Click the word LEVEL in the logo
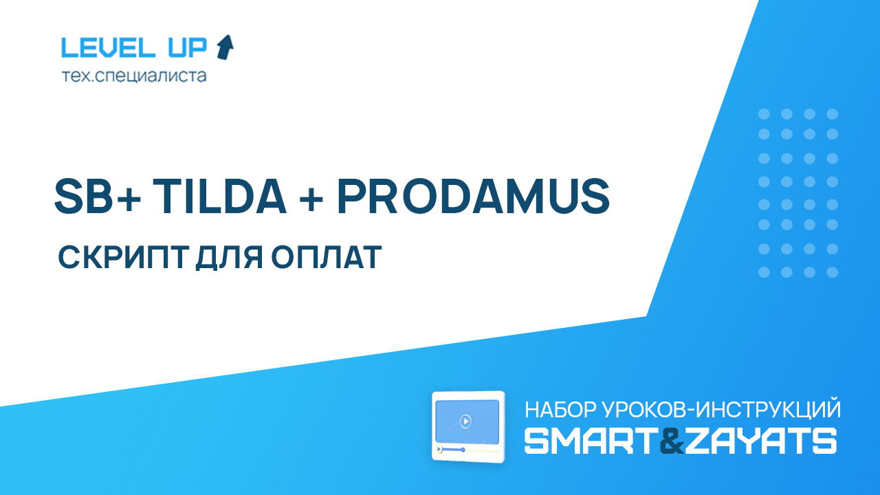[x=108, y=47]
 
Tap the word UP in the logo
[x=188, y=47]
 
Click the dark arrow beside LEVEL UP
[x=225, y=47]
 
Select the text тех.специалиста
[x=134, y=76]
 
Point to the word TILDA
[x=219, y=196]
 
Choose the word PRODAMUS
[x=474, y=197]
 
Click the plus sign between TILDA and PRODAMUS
[x=311, y=199]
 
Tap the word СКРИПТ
[x=123, y=257]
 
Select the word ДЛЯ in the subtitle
[x=229, y=258]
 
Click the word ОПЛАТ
[x=326, y=257]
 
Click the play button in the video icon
[x=465, y=421]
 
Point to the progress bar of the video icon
[x=467, y=450]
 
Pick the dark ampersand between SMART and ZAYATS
[x=672, y=441]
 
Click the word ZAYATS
[x=760, y=441]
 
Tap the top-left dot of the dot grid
[x=764, y=114]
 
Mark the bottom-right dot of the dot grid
[x=833, y=272]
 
